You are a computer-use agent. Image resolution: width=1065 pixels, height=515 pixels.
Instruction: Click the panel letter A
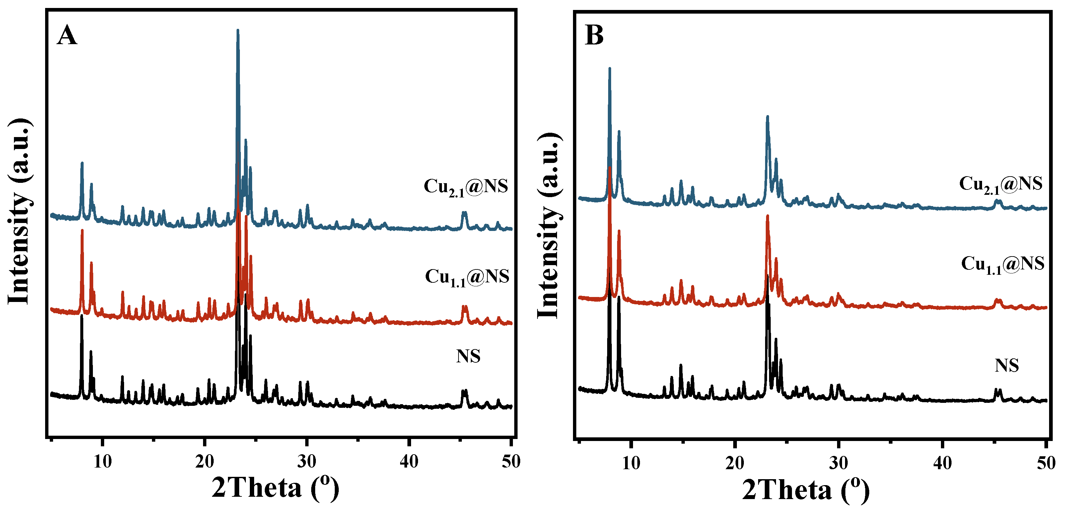click(x=67, y=36)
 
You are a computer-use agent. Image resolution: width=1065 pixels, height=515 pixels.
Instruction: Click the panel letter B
click(x=594, y=36)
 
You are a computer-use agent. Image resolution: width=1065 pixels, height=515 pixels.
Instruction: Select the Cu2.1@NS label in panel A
click(x=465, y=187)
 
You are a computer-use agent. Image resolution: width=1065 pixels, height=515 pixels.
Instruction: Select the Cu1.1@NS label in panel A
click(x=467, y=277)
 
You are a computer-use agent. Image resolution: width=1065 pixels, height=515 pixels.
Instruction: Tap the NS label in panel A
click(x=468, y=356)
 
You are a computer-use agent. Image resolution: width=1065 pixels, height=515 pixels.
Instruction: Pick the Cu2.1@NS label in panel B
click(x=1001, y=184)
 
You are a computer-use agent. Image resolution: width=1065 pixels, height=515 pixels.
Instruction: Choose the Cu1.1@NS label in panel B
click(x=1003, y=264)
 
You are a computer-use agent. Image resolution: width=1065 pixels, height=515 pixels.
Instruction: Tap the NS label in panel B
click(x=1006, y=366)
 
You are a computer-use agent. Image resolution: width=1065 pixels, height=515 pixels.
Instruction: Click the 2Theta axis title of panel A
click(x=275, y=488)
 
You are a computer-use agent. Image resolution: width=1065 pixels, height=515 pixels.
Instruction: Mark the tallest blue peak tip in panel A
click(x=237, y=30)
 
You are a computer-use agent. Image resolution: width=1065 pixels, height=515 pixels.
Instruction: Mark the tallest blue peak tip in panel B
click(x=609, y=68)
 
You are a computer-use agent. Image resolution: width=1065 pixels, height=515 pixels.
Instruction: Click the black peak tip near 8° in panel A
click(x=81, y=316)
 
